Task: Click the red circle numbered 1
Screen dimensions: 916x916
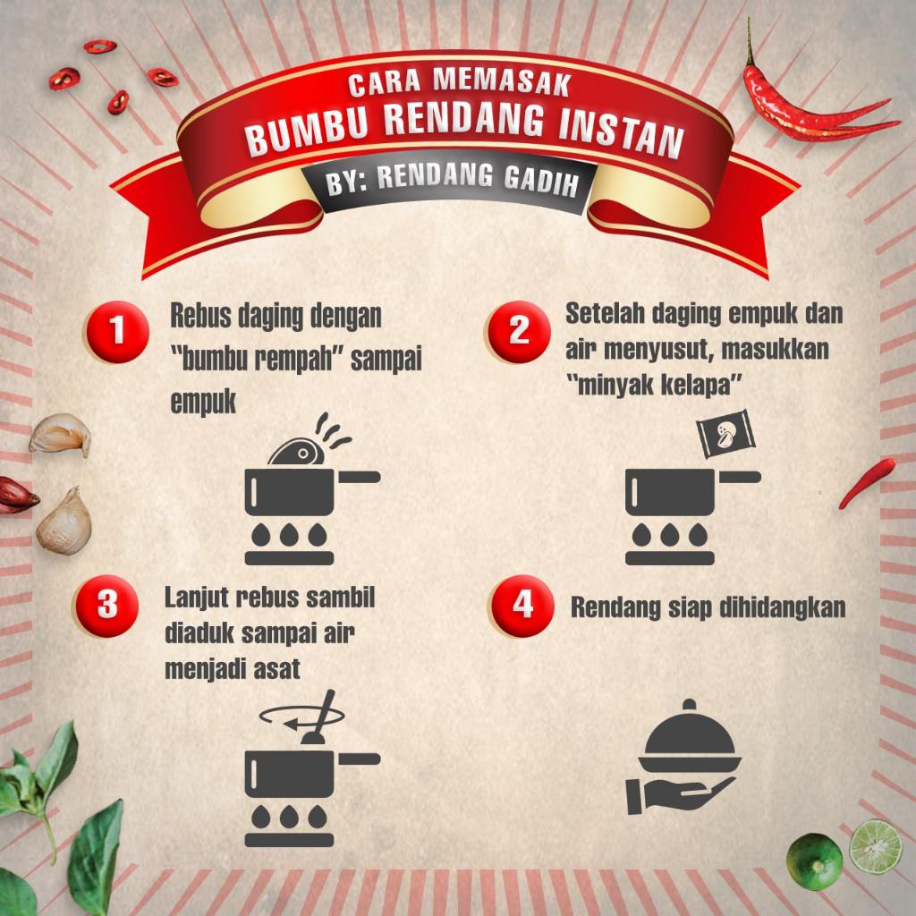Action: coord(116,331)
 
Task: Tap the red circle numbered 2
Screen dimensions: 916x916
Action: coord(518,331)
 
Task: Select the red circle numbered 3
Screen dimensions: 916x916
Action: coord(107,605)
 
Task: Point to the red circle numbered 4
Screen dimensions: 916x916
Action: coord(522,605)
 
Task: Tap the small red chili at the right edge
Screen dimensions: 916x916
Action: coord(868,483)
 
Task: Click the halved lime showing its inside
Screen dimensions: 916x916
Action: coord(874,845)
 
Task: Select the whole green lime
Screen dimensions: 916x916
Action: coord(815,861)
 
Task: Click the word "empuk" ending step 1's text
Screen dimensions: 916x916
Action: coord(203,403)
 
